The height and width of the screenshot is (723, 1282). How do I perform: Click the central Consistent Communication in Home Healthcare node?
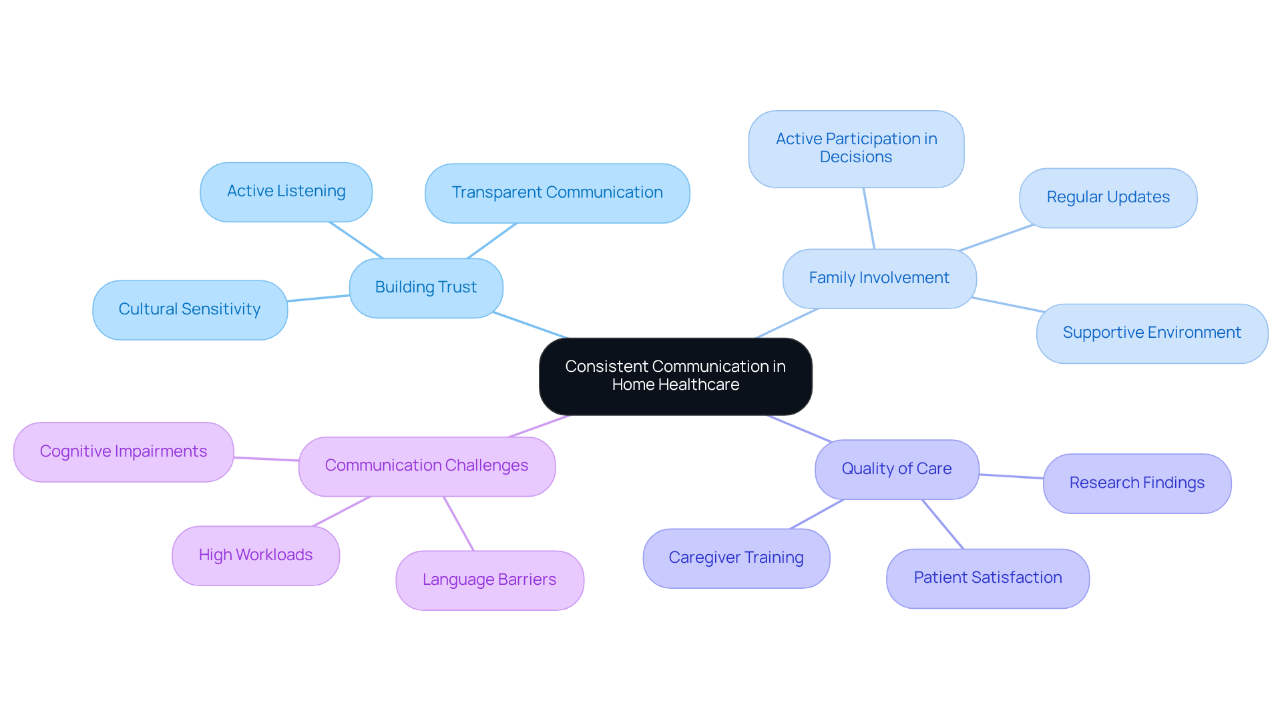[675, 376]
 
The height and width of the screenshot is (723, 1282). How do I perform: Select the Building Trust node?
[426, 288]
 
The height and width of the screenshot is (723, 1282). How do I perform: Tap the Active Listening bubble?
[286, 192]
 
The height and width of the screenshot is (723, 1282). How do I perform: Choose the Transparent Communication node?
[557, 193]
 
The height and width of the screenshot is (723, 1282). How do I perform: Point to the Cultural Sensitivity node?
[190, 310]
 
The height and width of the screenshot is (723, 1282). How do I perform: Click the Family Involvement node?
[879, 278]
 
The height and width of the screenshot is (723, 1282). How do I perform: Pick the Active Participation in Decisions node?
[856, 148]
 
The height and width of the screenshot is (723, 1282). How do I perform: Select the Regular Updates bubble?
[1108, 198]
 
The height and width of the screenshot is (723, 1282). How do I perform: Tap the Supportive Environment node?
[1151, 333]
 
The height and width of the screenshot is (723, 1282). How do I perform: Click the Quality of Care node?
[896, 469]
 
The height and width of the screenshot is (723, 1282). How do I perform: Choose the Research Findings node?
[1136, 483]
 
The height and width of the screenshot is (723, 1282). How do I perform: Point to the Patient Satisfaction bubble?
[988, 578]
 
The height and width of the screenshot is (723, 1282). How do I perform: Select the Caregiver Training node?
[736, 558]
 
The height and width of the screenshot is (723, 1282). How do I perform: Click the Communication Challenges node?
[427, 466]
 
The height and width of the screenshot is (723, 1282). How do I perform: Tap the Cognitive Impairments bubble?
[124, 452]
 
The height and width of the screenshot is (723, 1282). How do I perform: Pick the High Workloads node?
[255, 555]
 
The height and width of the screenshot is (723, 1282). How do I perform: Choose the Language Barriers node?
[489, 580]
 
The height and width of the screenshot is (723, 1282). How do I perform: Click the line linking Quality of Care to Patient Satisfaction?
[943, 524]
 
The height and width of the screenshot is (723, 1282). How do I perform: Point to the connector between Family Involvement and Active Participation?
[869, 218]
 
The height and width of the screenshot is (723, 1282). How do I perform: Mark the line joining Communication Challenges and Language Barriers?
[459, 523]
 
